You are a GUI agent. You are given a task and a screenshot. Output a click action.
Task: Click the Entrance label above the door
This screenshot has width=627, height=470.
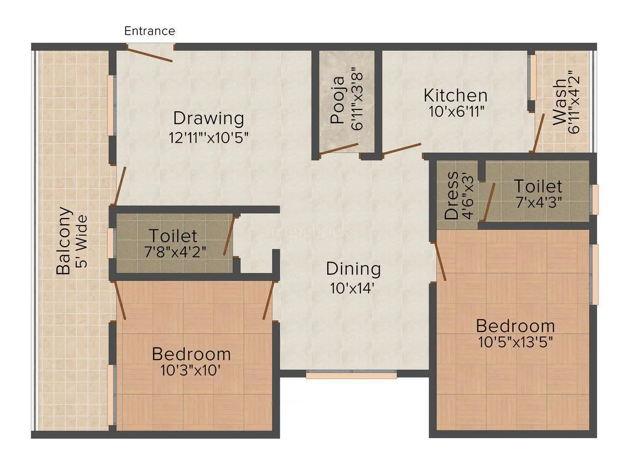point(150,31)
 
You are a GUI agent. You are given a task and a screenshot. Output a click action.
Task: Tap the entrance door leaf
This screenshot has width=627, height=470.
point(150,54)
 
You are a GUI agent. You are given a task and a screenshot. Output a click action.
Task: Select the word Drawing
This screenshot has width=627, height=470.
point(208,118)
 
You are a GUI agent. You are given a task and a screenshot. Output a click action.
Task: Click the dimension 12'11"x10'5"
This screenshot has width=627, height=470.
point(208,138)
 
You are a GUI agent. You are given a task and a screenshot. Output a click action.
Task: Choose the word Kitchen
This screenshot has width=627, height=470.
point(455,95)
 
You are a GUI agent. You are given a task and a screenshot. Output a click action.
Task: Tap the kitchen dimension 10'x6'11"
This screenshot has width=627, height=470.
point(456,112)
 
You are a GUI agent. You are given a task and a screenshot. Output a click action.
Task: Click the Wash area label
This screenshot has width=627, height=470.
point(560,102)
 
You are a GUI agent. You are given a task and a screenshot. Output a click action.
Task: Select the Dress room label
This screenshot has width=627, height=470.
point(452,196)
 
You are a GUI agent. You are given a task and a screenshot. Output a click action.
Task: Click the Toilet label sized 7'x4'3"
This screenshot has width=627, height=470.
point(538,187)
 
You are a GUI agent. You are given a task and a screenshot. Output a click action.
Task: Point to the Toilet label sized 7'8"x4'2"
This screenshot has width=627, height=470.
point(173,235)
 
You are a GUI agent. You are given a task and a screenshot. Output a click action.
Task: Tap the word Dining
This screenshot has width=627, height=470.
point(353,269)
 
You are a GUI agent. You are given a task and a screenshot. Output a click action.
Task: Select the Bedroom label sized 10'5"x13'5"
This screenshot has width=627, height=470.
point(515,326)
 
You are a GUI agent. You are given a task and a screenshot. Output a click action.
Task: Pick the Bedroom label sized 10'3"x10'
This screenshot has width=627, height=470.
point(191,354)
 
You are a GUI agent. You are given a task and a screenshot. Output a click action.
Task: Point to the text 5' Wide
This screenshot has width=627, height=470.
point(82,241)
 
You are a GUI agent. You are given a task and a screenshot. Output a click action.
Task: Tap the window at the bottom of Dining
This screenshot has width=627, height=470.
point(351,375)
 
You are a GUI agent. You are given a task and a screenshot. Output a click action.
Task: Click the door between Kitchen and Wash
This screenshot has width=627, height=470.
point(538,133)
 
